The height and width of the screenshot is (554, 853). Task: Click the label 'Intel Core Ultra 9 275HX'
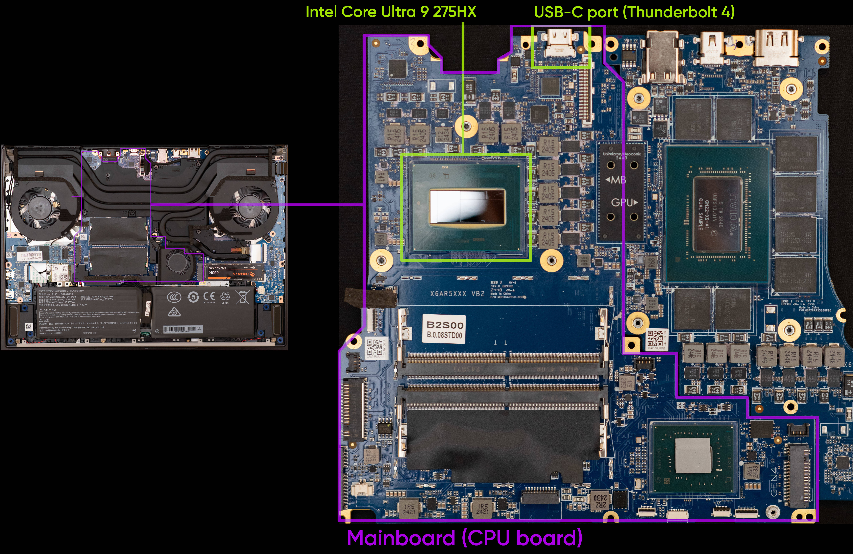point(391,12)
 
